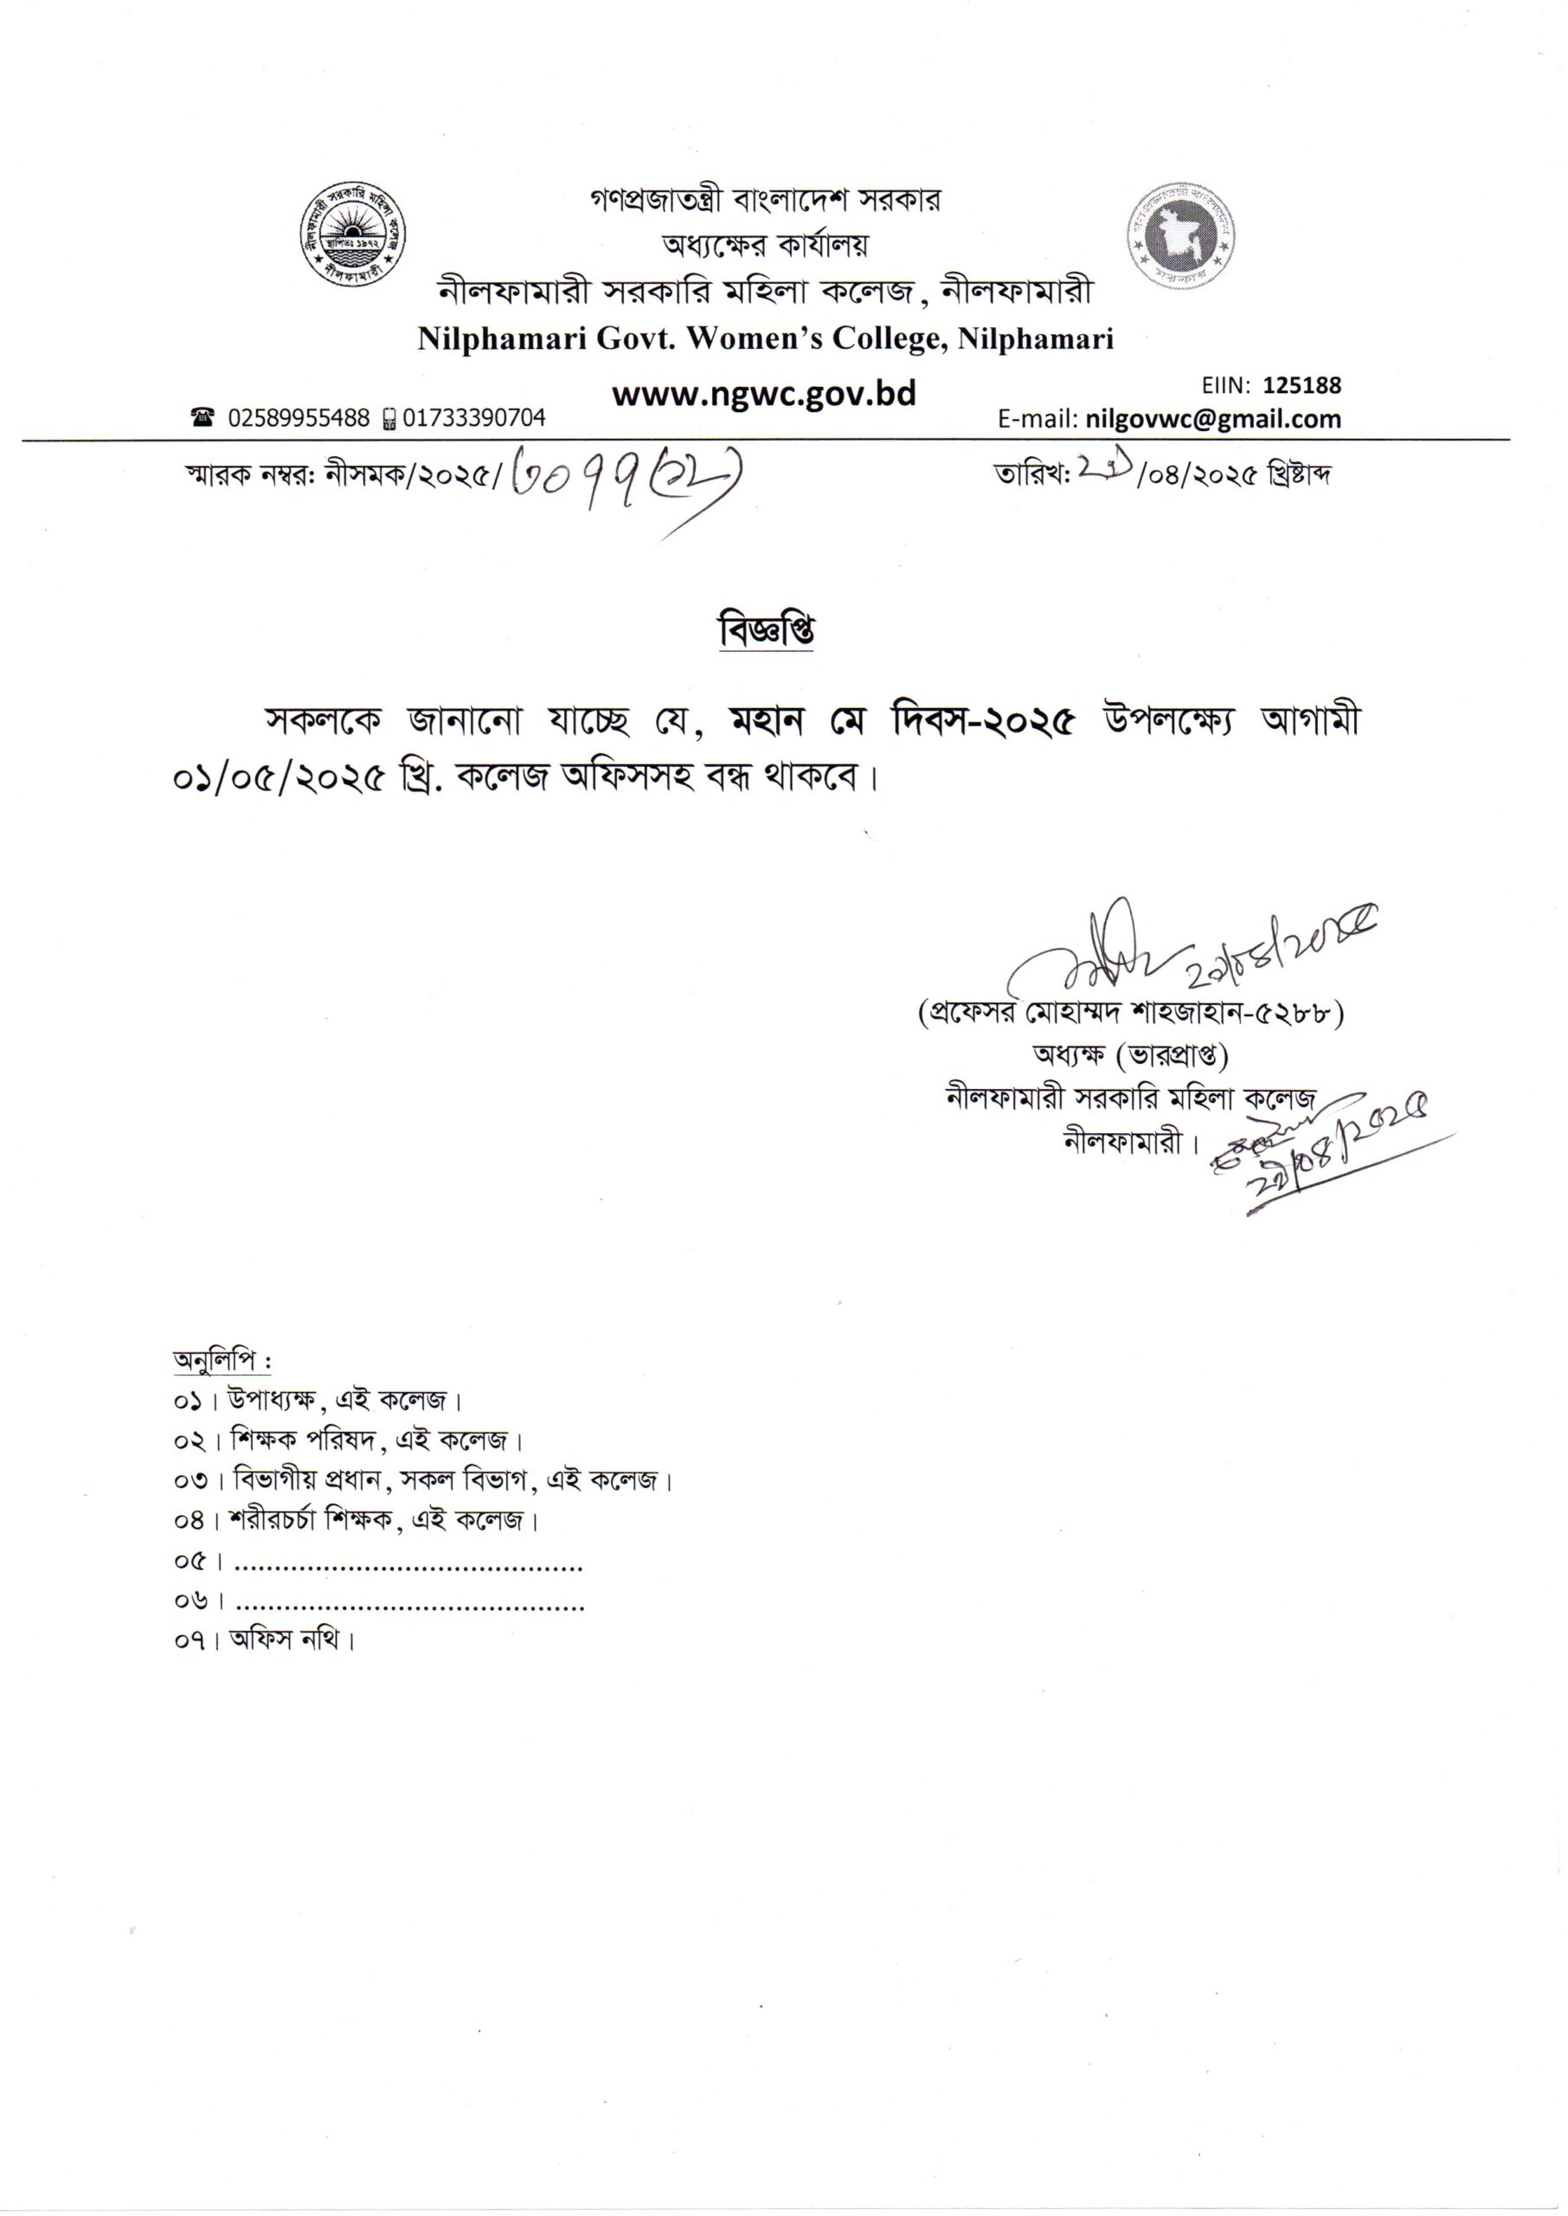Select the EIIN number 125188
[1301, 385]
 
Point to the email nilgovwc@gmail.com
[1212, 419]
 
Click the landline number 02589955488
[299, 418]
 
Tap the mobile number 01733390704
[473, 418]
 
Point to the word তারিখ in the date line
[1029, 475]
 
